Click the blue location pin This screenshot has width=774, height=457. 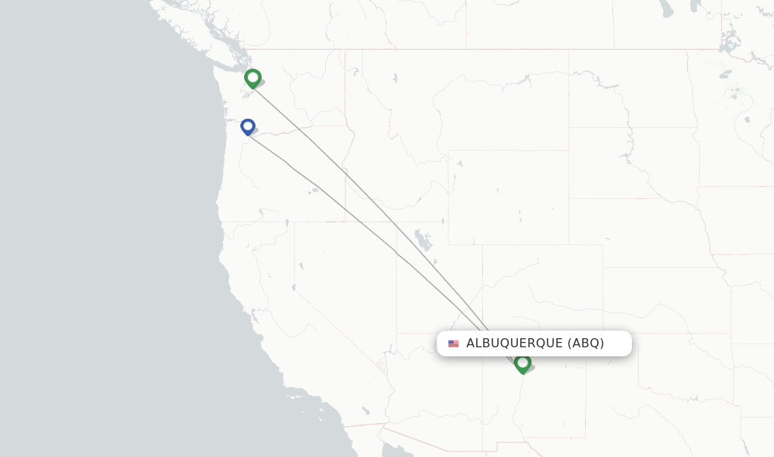[x=248, y=127]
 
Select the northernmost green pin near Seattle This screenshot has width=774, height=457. [x=253, y=78]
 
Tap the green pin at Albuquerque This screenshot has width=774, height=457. [x=522, y=364]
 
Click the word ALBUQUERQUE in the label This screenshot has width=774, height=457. [x=514, y=344]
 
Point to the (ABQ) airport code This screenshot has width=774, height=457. [x=586, y=344]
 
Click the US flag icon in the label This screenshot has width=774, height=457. [x=454, y=344]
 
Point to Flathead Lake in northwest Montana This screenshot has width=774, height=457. [x=395, y=77]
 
